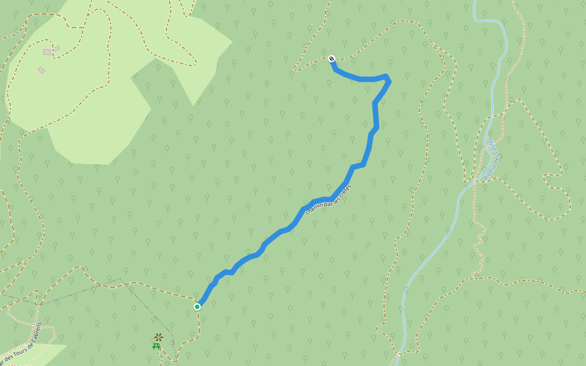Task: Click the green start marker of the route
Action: [x=197, y=306]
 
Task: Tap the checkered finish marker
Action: [x=331, y=59]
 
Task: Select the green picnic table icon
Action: [x=156, y=346]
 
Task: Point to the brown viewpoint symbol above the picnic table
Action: [x=159, y=337]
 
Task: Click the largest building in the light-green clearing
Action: [x=47, y=52]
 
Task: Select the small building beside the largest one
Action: [x=57, y=48]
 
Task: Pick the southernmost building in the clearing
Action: [x=42, y=70]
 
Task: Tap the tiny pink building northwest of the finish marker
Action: [x=313, y=24]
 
